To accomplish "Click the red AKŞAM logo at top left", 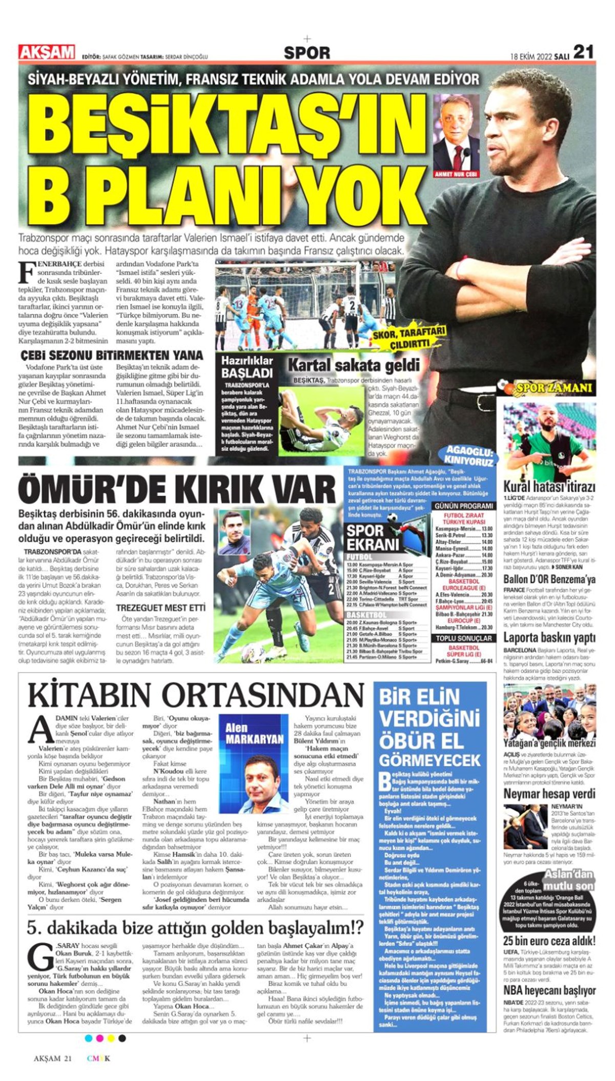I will [x=47, y=52].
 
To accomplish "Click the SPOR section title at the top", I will [x=307, y=52].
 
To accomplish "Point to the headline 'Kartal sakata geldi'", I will [x=354, y=365].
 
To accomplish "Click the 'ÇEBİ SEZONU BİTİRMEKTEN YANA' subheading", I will [x=111, y=355].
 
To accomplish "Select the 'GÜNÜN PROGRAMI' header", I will [x=464, y=506].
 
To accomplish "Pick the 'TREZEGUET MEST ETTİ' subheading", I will [x=160, y=608].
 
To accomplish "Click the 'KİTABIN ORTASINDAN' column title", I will [x=195, y=696].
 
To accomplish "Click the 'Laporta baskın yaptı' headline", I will [x=549, y=638].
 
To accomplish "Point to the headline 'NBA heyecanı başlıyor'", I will [x=549, y=990].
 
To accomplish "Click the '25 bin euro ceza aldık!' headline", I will [x=549, y=941].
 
